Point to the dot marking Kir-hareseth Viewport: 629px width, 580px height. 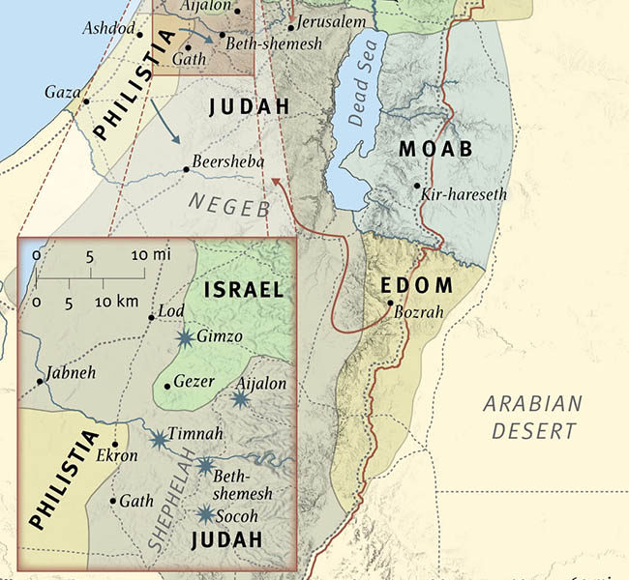(x=417, y=186)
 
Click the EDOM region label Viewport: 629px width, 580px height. (x=417, y=285)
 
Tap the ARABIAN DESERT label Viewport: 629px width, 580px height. (x=534, y=417)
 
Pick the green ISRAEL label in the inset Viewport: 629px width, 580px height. (x=244, y=289)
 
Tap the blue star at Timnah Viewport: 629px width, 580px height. (x=159, y=439)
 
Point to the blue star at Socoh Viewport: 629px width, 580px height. (x=205, y=514)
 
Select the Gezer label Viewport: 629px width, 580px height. (x=194, y=382)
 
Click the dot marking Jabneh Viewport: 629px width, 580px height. (x=40, y=381)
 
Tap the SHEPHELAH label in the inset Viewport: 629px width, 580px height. (x=166, y=493)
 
